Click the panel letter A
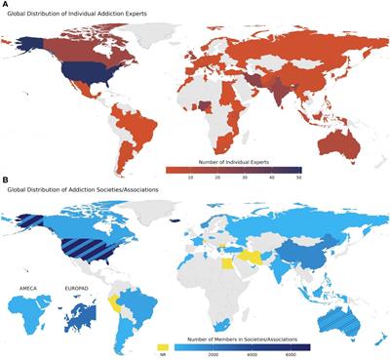tap(5, 5)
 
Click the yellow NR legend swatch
tap(163, 345)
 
